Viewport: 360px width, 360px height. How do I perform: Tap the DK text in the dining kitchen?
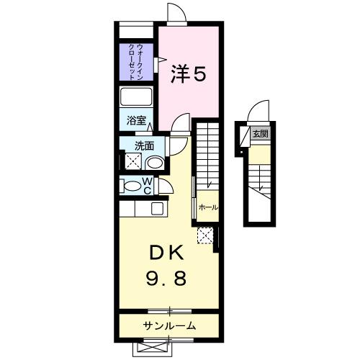tap(168, 254)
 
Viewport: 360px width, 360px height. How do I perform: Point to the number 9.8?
tap(168, 278)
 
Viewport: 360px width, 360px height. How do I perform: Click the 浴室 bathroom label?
tap(137, 121)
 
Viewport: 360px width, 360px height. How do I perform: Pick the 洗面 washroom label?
tap(145, 145)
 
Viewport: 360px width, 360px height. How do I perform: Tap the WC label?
tap(146, 186)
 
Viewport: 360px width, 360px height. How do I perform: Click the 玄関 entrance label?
tap(259, 134)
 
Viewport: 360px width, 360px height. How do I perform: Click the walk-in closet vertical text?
tap(135, 63)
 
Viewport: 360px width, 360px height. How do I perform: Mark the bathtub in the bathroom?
tap(137, 98)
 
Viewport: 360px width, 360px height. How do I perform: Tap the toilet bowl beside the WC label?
tap(132, 186)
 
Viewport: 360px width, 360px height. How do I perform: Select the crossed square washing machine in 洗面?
tap(133, 161)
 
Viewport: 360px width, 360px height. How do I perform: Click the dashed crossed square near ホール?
tap(205, 235)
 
